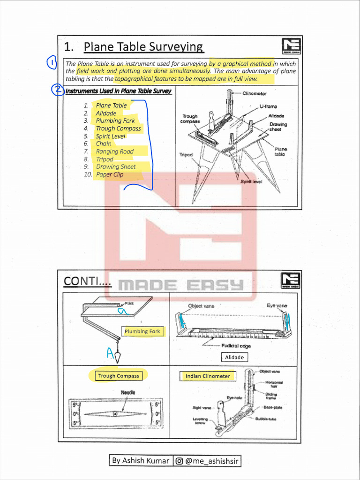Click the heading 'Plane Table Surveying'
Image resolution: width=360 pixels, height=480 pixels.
(x=143, y=47)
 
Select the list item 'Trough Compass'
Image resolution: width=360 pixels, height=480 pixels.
(x=118, y=128)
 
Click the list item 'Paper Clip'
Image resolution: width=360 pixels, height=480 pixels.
(x=110, y=174)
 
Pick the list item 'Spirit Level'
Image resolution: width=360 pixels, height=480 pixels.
(x=111, y=136)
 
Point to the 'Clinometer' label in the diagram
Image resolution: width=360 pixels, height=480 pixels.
(x=255, y=94)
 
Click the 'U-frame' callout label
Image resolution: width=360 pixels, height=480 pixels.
(x=268, y=106)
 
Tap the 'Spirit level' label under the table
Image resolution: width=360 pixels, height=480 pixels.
(x=251, y=181)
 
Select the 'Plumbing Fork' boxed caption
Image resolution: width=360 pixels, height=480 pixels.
(x=142, y=331)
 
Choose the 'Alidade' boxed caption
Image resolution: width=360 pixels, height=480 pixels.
(x=234, y=357)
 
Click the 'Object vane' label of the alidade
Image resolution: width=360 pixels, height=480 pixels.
(x=201, y=306)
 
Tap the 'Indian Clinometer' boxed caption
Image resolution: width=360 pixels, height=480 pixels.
(x=208, y=376)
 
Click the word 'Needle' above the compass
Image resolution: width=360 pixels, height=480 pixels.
(x=128, y=392)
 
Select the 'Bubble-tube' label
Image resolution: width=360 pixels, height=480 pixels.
(x=265, y=419)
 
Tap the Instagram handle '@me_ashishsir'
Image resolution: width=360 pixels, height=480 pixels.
(x=207, y=461)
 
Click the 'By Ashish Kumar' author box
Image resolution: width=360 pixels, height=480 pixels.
(x=141, y=461)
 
